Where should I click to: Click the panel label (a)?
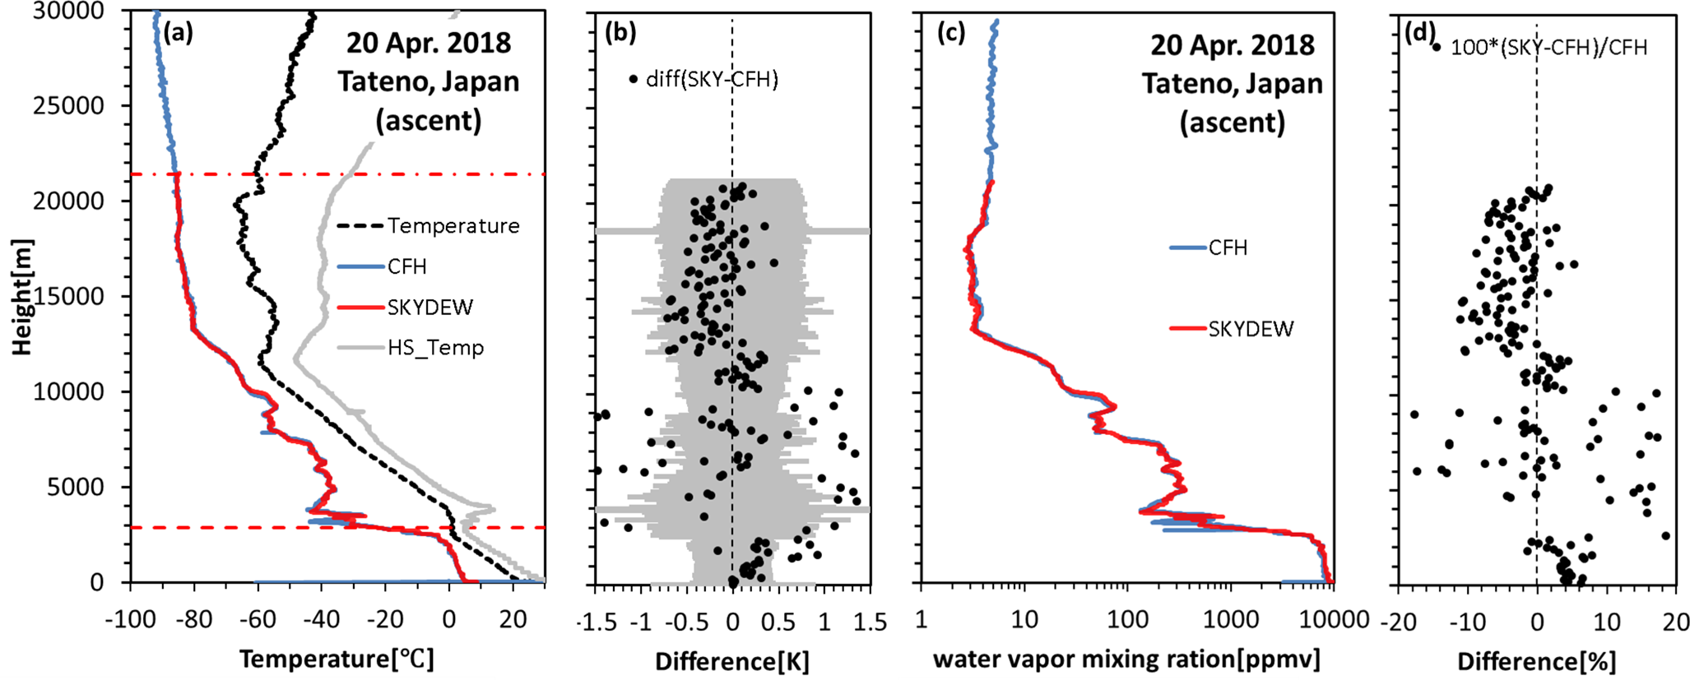178,33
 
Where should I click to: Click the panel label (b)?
620,33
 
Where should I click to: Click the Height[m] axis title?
22,296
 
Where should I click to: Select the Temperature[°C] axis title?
337,659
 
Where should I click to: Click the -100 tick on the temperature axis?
129,619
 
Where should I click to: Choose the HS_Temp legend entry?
435,348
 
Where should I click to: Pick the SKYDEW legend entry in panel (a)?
429,308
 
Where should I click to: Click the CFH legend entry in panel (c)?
1228,247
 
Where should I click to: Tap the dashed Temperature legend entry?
453,226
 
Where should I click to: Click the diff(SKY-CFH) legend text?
712,79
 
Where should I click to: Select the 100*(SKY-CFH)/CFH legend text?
1548,48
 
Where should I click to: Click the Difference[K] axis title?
732,660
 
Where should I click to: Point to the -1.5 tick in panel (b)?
597,622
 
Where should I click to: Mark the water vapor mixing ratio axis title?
1126,659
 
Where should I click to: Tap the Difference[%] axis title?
1537,660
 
